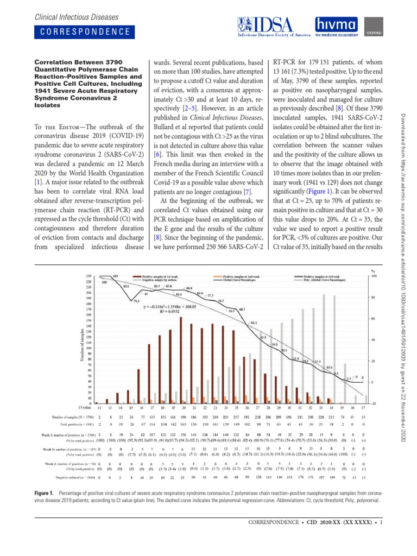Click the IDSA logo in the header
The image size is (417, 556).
(x=270, y=27)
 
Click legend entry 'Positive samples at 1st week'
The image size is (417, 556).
(x=161, y=276)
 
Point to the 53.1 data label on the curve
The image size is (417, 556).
(x=254, y=323)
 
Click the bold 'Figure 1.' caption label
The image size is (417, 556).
(x=45, y=492)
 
